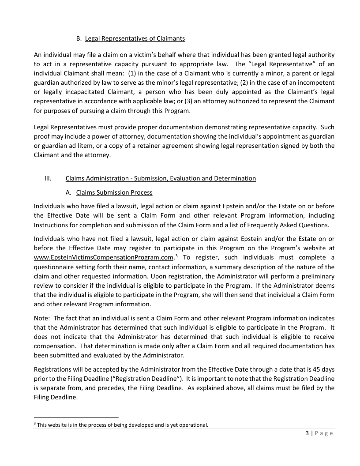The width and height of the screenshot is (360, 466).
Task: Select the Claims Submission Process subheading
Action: (115, 192)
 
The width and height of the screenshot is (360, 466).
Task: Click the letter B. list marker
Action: (79, 38)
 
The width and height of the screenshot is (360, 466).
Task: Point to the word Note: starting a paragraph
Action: (41, 318)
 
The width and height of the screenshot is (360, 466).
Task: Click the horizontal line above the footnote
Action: (76, 417)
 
